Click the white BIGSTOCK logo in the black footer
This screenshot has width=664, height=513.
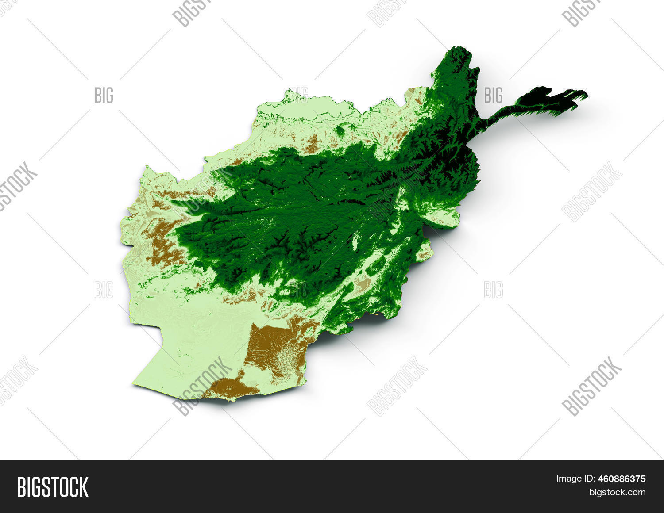tap(53, 486)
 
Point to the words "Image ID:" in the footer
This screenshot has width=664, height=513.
tap(574, 479)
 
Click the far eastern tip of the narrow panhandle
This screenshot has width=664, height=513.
tap(587, 94)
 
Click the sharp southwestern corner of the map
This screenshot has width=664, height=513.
tap(134, 384)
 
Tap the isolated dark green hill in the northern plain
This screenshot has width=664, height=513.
tap(340, 130)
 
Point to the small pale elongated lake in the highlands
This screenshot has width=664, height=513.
tap(355, 242)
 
